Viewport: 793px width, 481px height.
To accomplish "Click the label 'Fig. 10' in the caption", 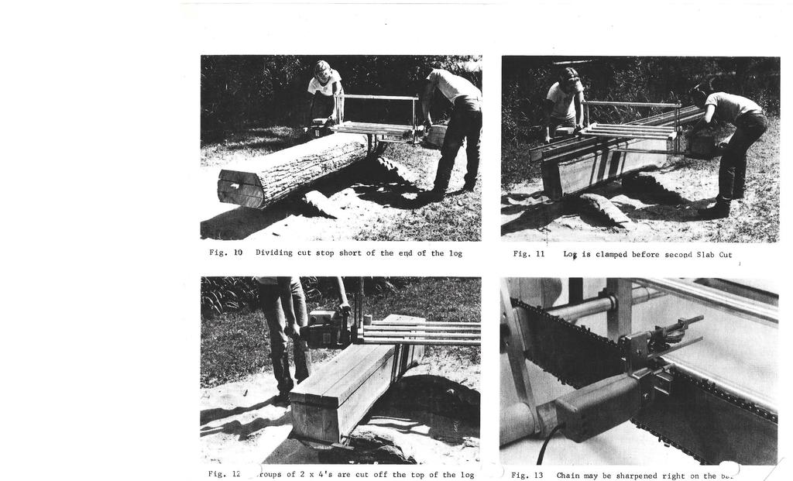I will click(225, 253).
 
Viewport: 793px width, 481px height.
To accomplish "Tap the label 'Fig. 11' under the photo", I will click(529, 254).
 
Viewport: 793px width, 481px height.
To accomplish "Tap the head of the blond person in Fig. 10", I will click(322, 70).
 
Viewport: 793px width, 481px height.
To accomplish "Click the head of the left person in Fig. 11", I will click(570, 77).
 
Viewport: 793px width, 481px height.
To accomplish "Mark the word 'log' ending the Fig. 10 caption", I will click(455, 253).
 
